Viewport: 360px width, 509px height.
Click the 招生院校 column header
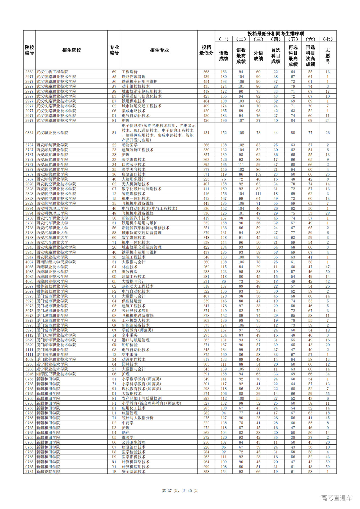pyautogui.click(x=71, y=50)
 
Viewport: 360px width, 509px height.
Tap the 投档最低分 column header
pyautogui.click(x=206, y=50)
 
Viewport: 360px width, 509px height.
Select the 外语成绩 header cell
pyautogui.click(x=258, y=56)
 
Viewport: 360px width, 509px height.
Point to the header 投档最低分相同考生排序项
pyautogui.click(x=276, y=33)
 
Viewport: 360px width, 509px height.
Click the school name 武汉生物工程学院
pyautogui.click(x=52, y=72)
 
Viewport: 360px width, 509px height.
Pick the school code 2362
pyautogui.click(x=29, y=72)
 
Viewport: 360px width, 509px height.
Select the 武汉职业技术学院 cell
pyautogui.click(x=52, y=133)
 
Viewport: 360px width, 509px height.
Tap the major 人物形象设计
pyautogui.click(x=134, y=179)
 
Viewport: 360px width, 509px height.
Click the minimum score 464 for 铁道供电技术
pyautogui.click(x=206, y=101)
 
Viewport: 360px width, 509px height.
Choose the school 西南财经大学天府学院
pyautogui.click(x=56, y=262)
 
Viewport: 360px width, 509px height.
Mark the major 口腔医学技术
pyautogui.click(x=134, y=165)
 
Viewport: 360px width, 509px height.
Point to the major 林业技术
pyautogui.click(x=130, y=267)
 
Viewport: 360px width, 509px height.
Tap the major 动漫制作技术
pyautogui.click(x=134, y=359)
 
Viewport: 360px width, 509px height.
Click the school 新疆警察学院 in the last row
pyautogui.click(x=48, y=472)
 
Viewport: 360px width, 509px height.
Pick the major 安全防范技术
pyautogui.click(x=134, y=472)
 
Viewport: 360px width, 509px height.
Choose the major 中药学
pyautogui.click(x=128, y=423)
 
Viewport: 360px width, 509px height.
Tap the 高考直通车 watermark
pyautogui.click(x=336, y=498)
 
